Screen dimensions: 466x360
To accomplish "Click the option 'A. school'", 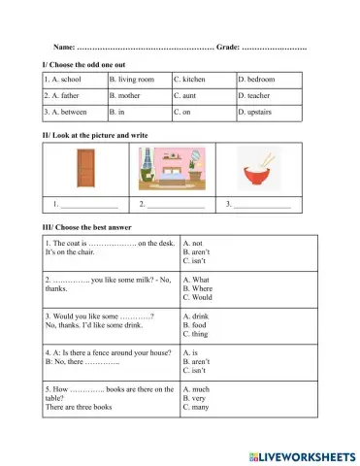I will point(63,79).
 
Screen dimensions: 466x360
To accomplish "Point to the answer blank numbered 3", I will point(262,206).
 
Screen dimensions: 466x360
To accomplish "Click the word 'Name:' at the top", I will point(63,46).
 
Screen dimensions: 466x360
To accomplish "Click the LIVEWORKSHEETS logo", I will point(302,455).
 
